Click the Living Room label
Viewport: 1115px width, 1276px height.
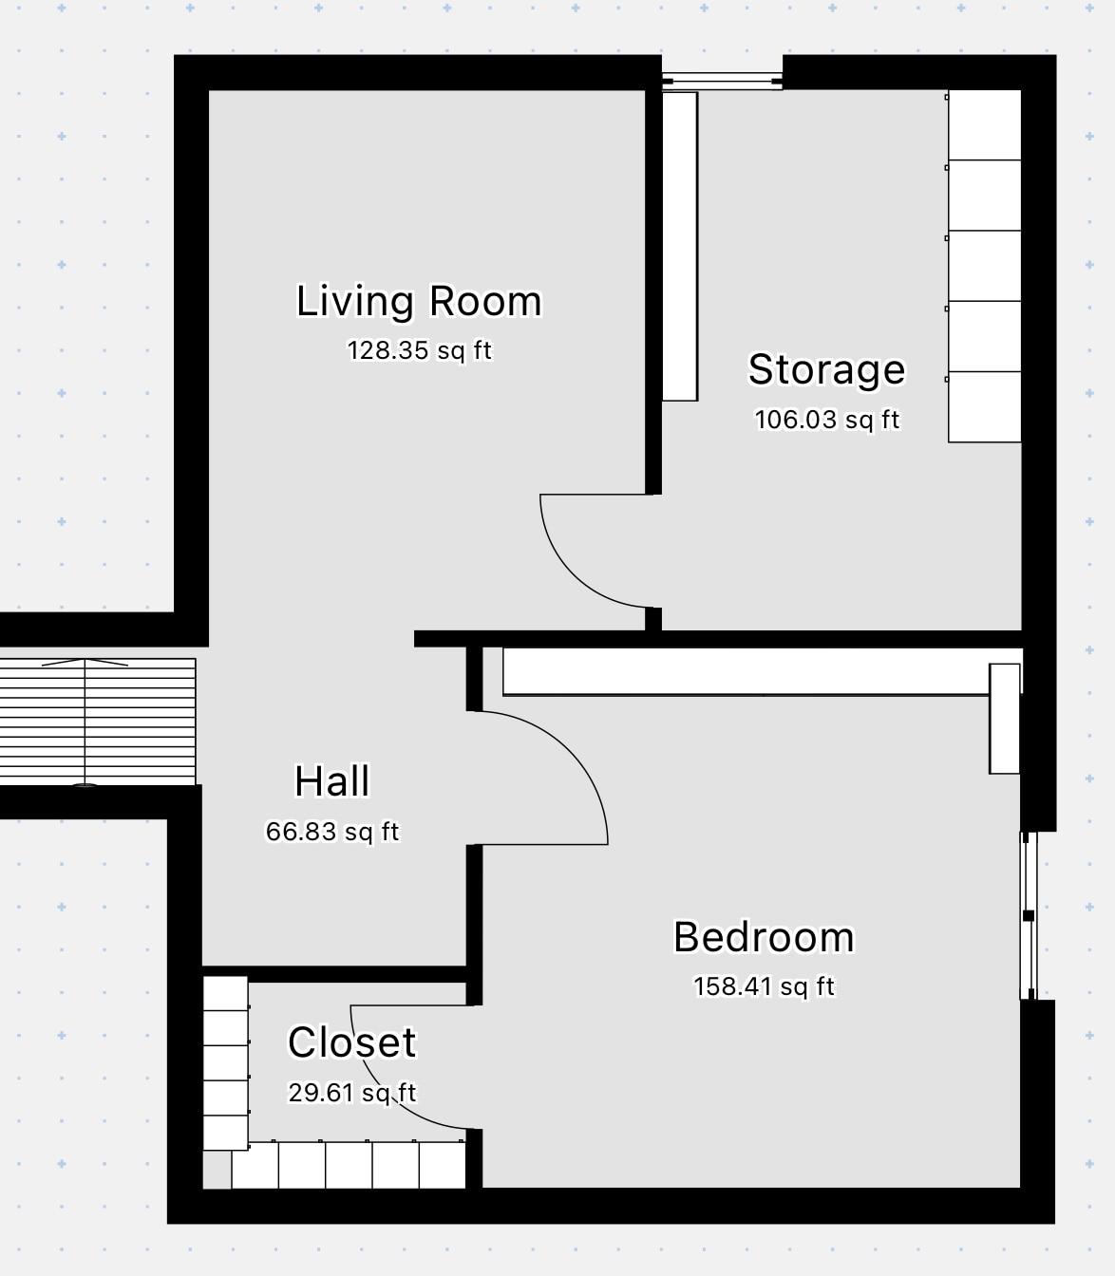[419, 302]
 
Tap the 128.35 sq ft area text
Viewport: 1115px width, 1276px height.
[419, 350]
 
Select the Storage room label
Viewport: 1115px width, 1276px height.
[826, 370]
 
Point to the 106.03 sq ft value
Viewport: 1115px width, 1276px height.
[827, 420]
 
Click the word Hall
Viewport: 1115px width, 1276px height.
[332, 780]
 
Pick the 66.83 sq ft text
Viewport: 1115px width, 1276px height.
[332, 832]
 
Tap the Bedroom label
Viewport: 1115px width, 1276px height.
[764, 937]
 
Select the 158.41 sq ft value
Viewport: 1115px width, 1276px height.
[764, 986]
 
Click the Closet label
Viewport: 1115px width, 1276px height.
[352, 1042]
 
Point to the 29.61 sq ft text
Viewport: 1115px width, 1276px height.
[352, 1092]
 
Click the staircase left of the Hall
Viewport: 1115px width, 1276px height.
[98, 722]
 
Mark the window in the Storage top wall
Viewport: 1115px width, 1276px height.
[722, 81]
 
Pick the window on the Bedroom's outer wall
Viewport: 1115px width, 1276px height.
[1029, 915]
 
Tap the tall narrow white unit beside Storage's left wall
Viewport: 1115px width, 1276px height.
[679, 246]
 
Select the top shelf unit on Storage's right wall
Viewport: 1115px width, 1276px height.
[985, 124]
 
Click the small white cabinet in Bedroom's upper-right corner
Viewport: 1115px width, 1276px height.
[1005, 719]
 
